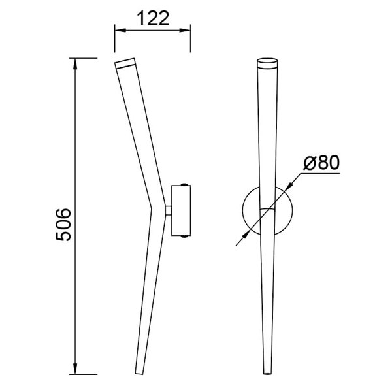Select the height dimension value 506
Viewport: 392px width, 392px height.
[62, 226]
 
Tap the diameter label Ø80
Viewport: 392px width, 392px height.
[322, 163]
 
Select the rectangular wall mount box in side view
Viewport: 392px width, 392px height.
[181, 210]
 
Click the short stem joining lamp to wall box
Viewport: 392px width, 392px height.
[168, 210]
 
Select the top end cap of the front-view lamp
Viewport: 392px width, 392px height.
[269, 64]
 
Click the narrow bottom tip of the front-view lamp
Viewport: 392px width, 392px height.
[269, 373]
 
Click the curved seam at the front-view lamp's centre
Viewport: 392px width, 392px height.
[269, 208]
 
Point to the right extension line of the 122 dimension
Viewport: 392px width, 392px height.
[190, 39]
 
